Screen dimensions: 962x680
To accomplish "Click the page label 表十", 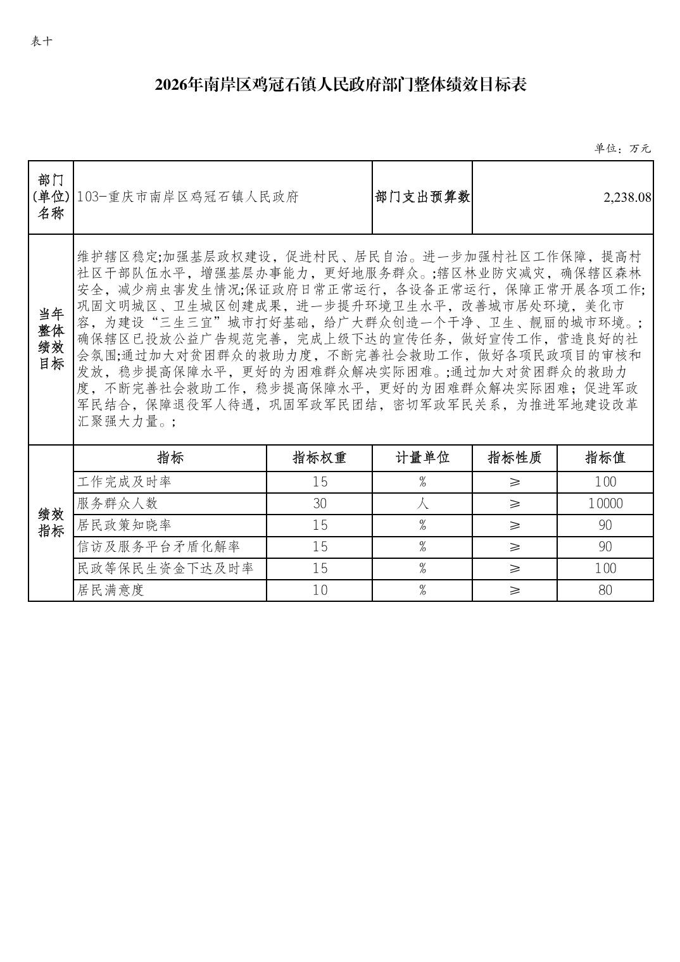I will pyautogui.click(x=42, y=42).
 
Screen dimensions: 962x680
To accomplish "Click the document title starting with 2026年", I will pyautogui.click(x=341, y=85).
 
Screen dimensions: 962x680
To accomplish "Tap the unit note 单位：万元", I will pyautogui.click(x=622, y=149).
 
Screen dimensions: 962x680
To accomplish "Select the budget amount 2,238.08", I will pyautogui.click(x=627, y=197).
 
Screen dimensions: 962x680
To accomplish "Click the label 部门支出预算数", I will pyautogui.click(x=422, y=197).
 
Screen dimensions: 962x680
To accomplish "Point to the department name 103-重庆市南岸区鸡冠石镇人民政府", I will pyautogui.click(x=187, y=197).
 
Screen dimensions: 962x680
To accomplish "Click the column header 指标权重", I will pyautogui.click(x=319, y=458).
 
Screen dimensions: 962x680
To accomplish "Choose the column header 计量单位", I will pyautogui.click(x=422, y=458).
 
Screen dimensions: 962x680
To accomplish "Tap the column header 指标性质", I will pyautogui.click(x=514, y=458).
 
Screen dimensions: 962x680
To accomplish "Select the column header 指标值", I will pyautogui.click(x=605, y=458).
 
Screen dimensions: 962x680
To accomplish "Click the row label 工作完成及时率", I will pyautogui.click(x=125, y=482).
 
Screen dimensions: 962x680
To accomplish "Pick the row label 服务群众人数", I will pyautogui.click(x=118, y=504).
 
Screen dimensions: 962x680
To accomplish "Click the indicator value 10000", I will pyautogui.click(x=605, y=504).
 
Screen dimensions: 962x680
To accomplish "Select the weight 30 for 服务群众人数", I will pyautogui.click(x=320, y=504).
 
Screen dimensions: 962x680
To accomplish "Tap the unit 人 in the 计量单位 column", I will pyautogui.click(x=422, y=504).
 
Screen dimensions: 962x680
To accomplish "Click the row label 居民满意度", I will pyautogui.click(x=111, y=590).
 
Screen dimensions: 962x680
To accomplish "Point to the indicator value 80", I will pyautogui.click(x=605, y=590).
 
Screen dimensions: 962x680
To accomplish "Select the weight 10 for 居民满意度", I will pyautogui.click(x=320, y=590).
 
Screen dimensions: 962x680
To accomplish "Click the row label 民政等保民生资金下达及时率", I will pyautogui.click(x=165, y=568).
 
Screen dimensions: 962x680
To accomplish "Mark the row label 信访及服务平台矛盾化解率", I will pyautogui.click(x=159, y=547).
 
